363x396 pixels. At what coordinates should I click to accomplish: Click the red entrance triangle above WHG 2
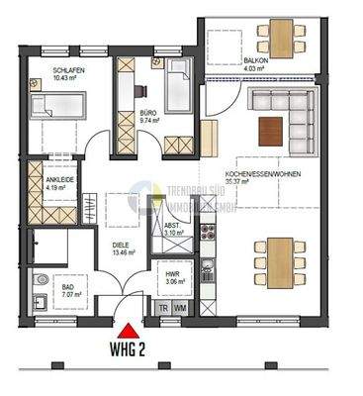click(127, 330)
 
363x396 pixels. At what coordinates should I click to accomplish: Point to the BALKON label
click(256, 61)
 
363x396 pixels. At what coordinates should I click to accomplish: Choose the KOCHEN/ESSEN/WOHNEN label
click(263, 173)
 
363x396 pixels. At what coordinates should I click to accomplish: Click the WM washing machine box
click(180, 309)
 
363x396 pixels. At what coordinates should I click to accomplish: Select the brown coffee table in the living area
click(271, 128)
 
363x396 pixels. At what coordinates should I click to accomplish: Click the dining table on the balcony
click(282, 39)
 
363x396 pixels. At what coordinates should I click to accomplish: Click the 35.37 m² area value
click(262, 182)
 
